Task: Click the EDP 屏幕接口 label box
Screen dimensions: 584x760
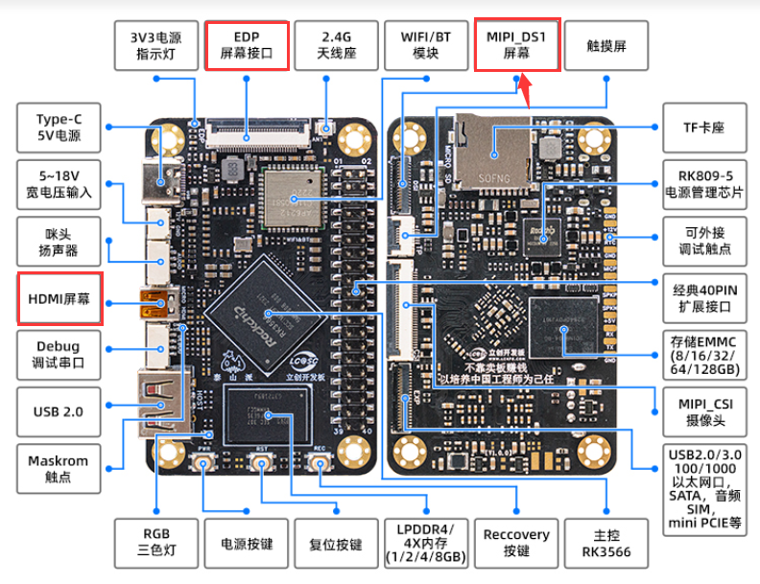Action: (247, 45)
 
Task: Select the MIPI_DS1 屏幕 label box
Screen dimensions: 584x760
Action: (516, 45)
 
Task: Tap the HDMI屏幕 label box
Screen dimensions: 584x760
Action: (58, 298)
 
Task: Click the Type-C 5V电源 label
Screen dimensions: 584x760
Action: (58, 128)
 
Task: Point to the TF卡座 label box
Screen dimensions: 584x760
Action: (700, 128)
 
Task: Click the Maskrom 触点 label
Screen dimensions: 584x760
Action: (58, 468)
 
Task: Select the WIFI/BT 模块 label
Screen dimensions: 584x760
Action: (426, 45)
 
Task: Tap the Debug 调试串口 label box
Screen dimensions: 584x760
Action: (58, 354)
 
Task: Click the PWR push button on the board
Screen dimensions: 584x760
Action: (204, 465)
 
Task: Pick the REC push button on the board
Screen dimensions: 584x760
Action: (321, 465)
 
